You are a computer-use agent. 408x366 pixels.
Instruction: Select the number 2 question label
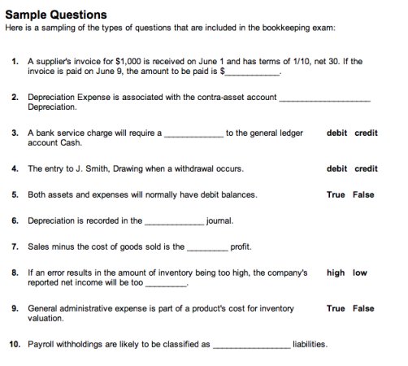15,97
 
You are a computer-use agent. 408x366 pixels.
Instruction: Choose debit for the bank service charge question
336,133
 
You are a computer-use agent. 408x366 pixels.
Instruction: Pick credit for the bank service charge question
366,133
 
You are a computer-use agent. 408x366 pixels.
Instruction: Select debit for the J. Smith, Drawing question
336,169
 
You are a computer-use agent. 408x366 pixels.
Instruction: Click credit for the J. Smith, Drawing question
366,169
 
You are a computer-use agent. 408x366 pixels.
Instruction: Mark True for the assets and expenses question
336,195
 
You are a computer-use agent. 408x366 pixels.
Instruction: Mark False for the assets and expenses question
363,195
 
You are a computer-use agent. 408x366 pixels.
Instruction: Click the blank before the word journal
174,221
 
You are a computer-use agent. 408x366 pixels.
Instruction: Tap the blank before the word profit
207,246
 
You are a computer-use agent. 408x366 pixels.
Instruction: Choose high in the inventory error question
336,273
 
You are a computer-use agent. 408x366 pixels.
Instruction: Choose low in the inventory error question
360,273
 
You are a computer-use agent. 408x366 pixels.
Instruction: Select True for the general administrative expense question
336,309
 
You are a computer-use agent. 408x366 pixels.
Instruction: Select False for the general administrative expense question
363,309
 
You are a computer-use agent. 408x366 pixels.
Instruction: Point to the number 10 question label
15,345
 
